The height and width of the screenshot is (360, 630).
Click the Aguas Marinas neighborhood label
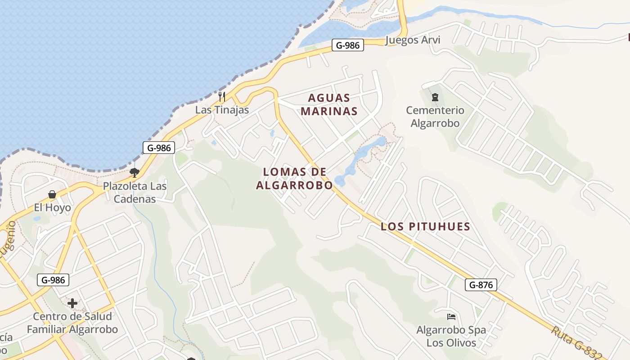(329, 104)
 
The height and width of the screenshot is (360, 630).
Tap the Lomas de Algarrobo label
(294, 178)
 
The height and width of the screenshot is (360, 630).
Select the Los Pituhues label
(425, 226)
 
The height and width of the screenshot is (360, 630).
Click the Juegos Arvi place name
(413, 40)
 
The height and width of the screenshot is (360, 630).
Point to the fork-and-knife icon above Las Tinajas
(221, 96)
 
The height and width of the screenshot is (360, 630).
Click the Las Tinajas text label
(222, 110)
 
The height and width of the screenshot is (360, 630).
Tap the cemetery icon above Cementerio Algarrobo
(435, 97)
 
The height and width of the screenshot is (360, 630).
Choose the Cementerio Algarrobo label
(435, 117)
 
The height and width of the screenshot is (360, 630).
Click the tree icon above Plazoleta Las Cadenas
(134, 172)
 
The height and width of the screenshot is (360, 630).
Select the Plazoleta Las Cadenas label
(135, 192)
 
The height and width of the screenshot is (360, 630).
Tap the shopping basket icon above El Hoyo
(52, 194)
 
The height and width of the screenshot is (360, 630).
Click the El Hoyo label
(53, 207)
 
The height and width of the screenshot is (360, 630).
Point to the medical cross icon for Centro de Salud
(72, 303)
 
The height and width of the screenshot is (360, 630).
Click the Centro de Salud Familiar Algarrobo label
(72, 323)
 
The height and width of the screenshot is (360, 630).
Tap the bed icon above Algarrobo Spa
(451, 317)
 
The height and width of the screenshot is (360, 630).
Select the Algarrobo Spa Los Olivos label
(451, 336)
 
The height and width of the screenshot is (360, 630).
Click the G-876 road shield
(481, 284)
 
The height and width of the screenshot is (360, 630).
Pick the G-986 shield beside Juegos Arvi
(348, 45)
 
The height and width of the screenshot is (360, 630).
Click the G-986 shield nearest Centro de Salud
(53, 280)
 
